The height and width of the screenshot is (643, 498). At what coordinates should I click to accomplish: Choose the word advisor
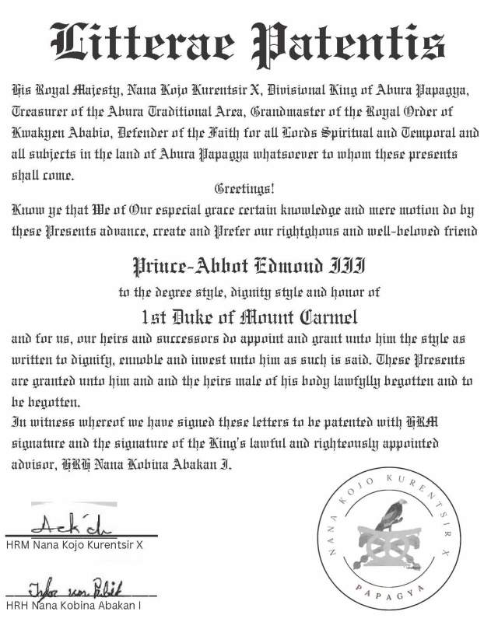(35, 463)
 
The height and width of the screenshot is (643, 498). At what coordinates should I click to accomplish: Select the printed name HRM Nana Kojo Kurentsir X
(75, 545)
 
